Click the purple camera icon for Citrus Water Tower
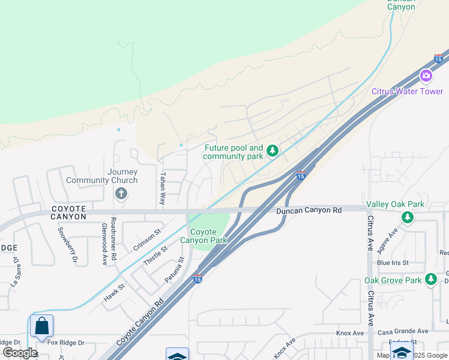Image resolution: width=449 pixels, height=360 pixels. (x=426, y=76)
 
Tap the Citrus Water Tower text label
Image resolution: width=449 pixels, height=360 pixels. (x=408, y=92)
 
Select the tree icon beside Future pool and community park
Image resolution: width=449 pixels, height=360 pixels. (x=273, y=150)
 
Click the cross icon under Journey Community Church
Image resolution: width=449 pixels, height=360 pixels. (x=121, y=193)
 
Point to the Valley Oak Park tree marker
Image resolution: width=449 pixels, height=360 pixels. (x=408, y=217)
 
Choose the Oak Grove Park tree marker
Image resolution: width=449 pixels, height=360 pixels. (x=430, y=280)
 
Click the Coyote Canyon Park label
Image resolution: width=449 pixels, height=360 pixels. (x=208, y=236)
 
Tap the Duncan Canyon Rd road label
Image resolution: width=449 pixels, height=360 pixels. (x=309, y=211)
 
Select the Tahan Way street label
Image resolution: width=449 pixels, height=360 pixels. (x=163, y=189)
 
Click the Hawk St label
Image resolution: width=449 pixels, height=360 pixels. (x=113, y=291)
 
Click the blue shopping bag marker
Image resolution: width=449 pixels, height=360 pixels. (x=42, y=326)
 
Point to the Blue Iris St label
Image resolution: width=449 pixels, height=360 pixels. (x=393, y=263)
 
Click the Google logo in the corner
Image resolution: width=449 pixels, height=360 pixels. (x=20, y=352)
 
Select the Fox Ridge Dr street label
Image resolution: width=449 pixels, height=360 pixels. (x=66, y=343)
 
